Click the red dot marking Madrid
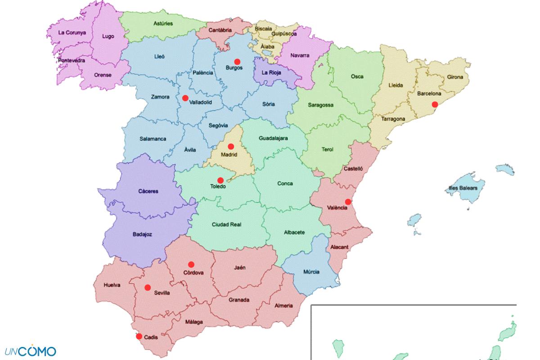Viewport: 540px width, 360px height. pos(231,146)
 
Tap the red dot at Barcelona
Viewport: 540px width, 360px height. pos(435,104)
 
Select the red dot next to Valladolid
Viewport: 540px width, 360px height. pos(185,98)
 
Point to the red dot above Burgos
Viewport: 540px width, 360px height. pos(237,61)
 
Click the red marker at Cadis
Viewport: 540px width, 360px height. pos(139,336)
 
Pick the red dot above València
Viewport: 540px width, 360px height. pos(348,202)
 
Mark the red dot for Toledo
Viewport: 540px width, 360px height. pos(220,180)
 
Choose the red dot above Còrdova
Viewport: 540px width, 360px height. pos(191,264)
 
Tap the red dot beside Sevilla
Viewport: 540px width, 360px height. pos(147,287)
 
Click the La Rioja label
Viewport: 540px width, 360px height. pos(271,72)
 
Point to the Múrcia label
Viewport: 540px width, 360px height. pos(311,272)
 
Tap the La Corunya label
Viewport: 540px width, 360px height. pos(72,32)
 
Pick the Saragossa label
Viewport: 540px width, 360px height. pos(321,105)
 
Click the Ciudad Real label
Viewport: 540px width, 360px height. pos(227,224)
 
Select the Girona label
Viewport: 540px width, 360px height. pos(455,77)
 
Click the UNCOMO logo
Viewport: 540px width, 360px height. pos(31,351)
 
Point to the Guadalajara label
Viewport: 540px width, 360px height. pos(273,139)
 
